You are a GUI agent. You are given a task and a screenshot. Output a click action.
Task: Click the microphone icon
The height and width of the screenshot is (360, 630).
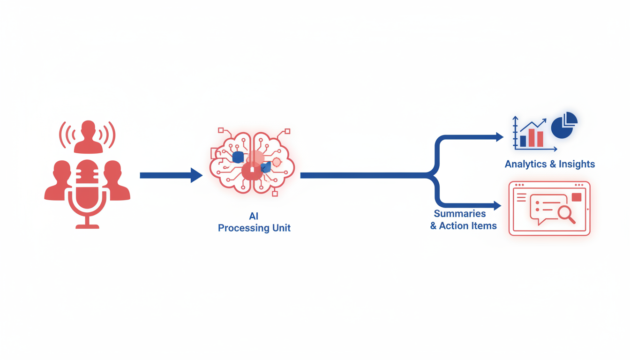click(x=87, y=187)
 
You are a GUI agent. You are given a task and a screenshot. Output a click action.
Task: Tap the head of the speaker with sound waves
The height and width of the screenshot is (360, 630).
click(x=88, y=128)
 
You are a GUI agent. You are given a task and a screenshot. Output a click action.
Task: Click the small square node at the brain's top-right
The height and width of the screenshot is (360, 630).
click(x=287, y=131)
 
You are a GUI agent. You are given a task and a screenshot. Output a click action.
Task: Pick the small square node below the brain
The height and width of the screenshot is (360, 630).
click(x=275, y=193)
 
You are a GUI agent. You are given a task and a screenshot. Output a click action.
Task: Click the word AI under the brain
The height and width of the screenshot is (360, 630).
click(x=254, y=217)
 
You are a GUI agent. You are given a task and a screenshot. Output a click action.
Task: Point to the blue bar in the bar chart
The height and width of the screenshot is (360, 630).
click(x=523, y=141)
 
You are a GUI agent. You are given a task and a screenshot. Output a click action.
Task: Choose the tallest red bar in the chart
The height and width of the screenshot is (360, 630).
click(x=532, y=138)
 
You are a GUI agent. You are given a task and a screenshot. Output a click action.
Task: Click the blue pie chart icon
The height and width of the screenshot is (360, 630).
click(x=563, y=125)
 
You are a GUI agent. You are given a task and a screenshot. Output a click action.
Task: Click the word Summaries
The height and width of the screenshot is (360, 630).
click(x=460, y=214)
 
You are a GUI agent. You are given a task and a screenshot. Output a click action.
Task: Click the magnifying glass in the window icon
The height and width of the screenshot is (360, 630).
click(x=566, y=214)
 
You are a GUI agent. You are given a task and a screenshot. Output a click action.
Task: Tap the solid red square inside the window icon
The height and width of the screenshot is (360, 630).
click(x=577, y=197)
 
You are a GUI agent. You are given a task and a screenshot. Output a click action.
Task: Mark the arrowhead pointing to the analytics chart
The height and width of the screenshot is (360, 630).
click(x=500, y=137)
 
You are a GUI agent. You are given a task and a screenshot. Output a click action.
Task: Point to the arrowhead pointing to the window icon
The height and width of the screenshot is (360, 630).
click(x=498, y=205)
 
